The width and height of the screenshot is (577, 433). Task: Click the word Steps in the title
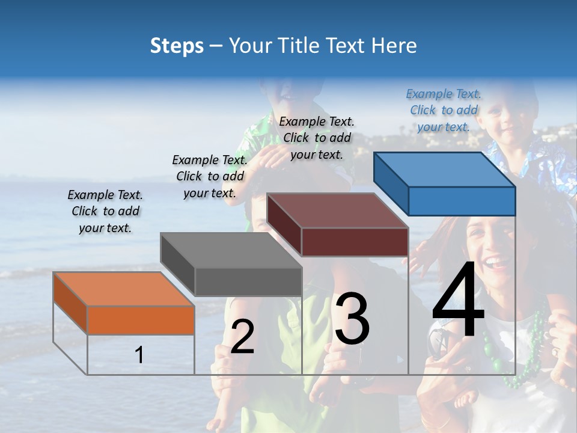[177, 46]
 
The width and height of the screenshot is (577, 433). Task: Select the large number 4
[458, 301]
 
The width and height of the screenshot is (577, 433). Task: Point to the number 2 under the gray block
[242, 337]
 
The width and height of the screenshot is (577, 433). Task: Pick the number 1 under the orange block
[139, 355]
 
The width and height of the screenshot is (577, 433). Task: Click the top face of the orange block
[123, 289]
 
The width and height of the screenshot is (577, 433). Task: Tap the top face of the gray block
[231, 250]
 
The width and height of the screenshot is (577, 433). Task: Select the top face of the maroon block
[337, 210]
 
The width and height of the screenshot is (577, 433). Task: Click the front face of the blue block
[462, 201]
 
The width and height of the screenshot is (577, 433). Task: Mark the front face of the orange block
[141, 320]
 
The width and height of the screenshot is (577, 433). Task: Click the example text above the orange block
[105, 212]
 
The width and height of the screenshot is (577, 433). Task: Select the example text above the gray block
[210, 176]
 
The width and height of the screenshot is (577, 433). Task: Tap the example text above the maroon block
[317, 138]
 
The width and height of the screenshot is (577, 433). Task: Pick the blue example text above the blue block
[444, 110]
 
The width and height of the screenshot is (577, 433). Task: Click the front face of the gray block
[248, 282]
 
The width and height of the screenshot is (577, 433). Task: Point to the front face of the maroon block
[355, 242]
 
